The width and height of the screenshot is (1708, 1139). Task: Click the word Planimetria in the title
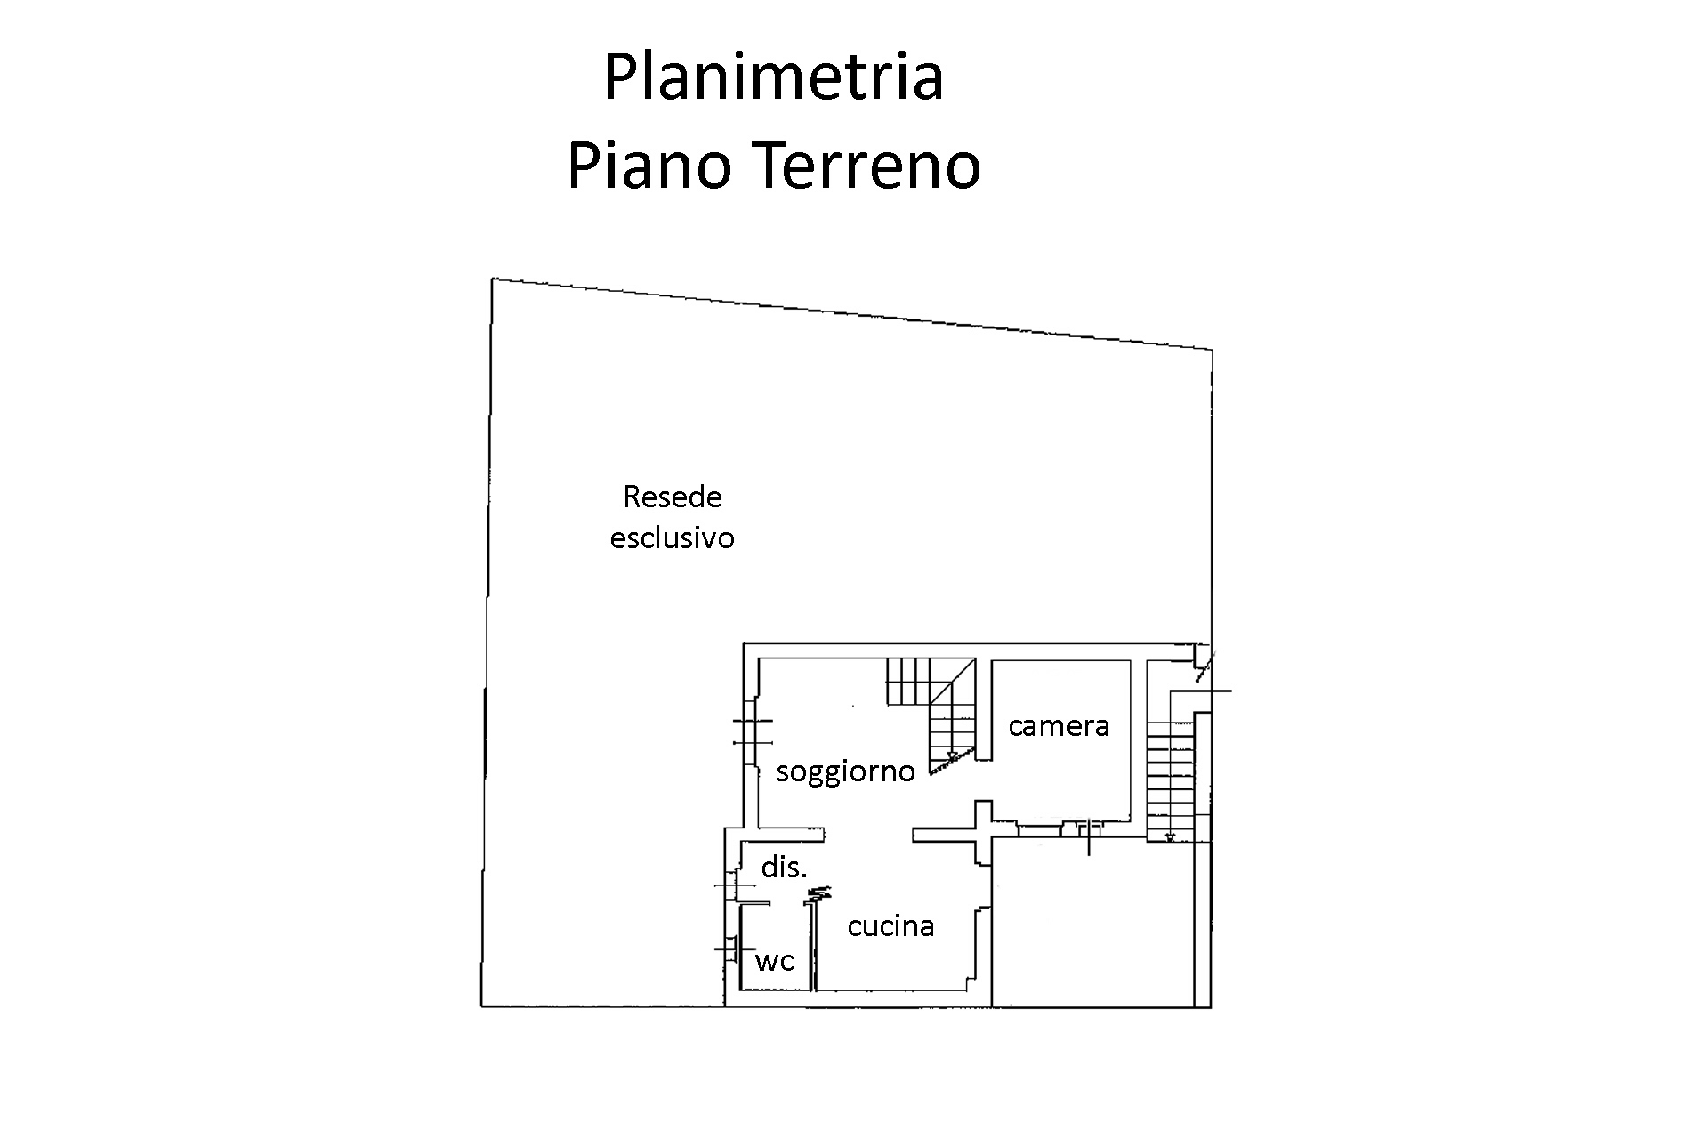[773, 78]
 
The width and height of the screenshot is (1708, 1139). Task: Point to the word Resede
[673, 497]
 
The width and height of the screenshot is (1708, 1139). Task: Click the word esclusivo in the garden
[673, 538]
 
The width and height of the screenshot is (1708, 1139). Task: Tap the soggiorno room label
[845, 771]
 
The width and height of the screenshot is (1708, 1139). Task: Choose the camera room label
[1059, 726]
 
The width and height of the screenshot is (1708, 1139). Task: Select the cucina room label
[890, 926]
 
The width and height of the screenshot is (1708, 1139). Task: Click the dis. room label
[784, 867]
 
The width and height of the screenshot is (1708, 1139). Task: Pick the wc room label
[774, 961]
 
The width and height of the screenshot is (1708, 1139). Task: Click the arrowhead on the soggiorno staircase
[951, 757]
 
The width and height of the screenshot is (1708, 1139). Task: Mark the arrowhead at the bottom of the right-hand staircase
[1169, 836]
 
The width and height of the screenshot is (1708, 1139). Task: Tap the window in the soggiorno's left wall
[752, 731]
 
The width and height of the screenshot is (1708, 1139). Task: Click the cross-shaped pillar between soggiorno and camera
[982, 833]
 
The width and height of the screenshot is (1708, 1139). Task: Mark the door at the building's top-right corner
[1203, 666]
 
